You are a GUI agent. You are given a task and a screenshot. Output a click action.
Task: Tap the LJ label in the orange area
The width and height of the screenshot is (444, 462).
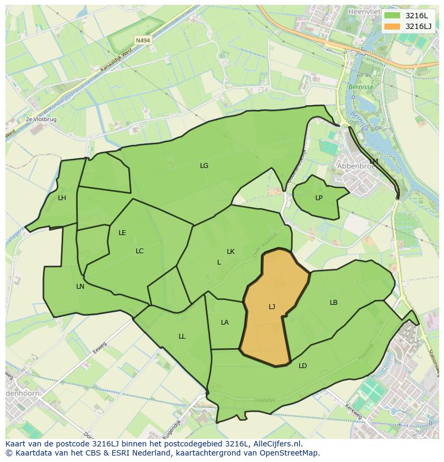(272, 307)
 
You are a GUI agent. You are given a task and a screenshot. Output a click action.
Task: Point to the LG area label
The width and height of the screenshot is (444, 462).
(204, 166)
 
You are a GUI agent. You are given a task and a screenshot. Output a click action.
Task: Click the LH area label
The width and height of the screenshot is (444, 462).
(62, 198)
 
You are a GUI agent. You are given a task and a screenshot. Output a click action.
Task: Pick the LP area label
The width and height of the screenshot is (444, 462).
(319, 198)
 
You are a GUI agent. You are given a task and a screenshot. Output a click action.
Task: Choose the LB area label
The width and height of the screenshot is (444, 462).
(334, 303)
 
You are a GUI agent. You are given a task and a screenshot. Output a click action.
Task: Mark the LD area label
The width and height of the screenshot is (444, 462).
(303, 366)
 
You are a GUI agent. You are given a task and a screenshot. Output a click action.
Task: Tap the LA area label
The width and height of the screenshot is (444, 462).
(225, 322)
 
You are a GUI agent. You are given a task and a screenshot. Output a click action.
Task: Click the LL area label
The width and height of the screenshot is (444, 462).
(182, 336)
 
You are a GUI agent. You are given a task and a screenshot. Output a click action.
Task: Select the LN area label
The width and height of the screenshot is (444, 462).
(80, 287)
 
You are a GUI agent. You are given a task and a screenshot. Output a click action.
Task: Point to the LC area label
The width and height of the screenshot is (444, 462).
(139, 251)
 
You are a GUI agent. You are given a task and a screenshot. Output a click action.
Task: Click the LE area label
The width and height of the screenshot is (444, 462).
(122, 233)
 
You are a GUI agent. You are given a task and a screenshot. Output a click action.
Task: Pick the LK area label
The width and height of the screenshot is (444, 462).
(231, 252)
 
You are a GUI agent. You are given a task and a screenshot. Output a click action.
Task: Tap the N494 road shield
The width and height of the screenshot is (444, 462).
(143, 40)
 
